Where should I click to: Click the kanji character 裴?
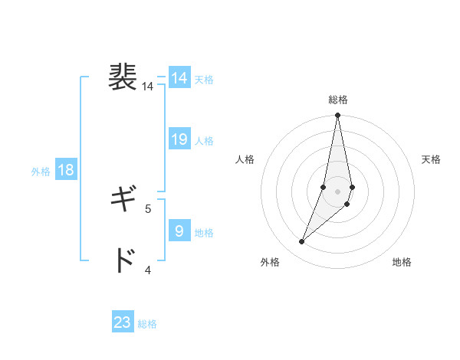tap(123, 77)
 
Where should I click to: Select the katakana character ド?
tap(123, 260)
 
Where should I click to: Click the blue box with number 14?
tap(179, 78)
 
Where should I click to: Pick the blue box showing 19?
tap(179, 139)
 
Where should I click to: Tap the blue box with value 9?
tap(179, 231)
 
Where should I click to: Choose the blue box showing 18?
tap(66, 170)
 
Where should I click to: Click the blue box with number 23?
tap(123, 322)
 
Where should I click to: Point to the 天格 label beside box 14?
tap(204, 80)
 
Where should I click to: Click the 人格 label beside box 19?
tap(204, 141)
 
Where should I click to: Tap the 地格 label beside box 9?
tap(204, 232)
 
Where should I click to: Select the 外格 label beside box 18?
tap(41, 172)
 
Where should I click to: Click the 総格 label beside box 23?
tap(147, 324)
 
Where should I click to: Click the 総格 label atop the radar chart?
tap(338, 100)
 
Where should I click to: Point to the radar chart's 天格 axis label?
tap(431, 159)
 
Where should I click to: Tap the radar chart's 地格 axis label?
tap(402, 262)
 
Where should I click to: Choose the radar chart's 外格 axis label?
tap(270, 262)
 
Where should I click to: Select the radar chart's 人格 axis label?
tap(245, 159)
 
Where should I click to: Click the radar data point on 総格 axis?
tap(338, 116)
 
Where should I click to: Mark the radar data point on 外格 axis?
tap(302, 242)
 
